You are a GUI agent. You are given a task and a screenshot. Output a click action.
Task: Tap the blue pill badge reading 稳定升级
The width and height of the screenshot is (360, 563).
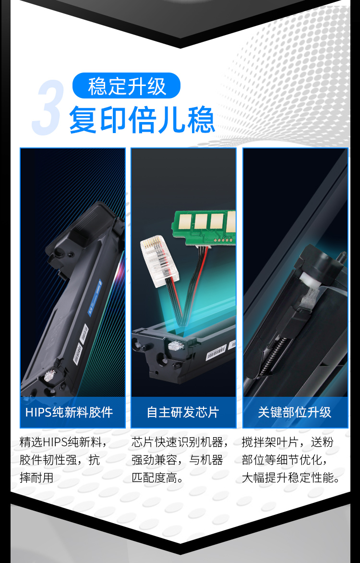[126, 86]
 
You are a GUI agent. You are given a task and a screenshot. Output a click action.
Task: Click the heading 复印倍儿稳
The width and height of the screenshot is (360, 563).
[142, 120]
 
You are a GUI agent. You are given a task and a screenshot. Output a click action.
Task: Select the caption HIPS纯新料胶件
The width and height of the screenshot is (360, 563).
[69, 412]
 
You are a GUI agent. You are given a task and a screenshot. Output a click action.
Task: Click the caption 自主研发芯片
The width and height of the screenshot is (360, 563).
[183, 412]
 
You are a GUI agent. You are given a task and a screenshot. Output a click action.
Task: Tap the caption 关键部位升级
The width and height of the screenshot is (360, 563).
[295, 412]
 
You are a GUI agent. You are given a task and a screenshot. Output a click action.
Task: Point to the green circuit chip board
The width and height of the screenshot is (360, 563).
[204, 226]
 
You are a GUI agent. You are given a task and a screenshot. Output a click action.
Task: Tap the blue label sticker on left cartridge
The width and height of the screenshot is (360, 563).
[95, 298]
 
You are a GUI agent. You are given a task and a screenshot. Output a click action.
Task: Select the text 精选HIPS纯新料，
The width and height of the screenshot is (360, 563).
[63, 442]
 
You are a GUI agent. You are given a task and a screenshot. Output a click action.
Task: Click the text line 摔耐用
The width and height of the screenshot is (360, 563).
[36, 478]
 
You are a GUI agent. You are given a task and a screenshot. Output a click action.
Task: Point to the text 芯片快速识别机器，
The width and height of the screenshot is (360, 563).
[180, 442]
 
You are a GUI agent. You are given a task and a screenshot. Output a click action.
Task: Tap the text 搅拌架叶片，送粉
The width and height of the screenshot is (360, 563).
[288, 442]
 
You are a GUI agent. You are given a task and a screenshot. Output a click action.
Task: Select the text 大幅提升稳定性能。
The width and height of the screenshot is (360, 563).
[291, 478]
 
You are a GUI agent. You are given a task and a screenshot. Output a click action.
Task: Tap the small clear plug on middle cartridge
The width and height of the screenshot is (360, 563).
[176, 346]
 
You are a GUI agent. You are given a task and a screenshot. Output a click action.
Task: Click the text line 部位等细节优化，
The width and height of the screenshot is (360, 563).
[285, 460]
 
